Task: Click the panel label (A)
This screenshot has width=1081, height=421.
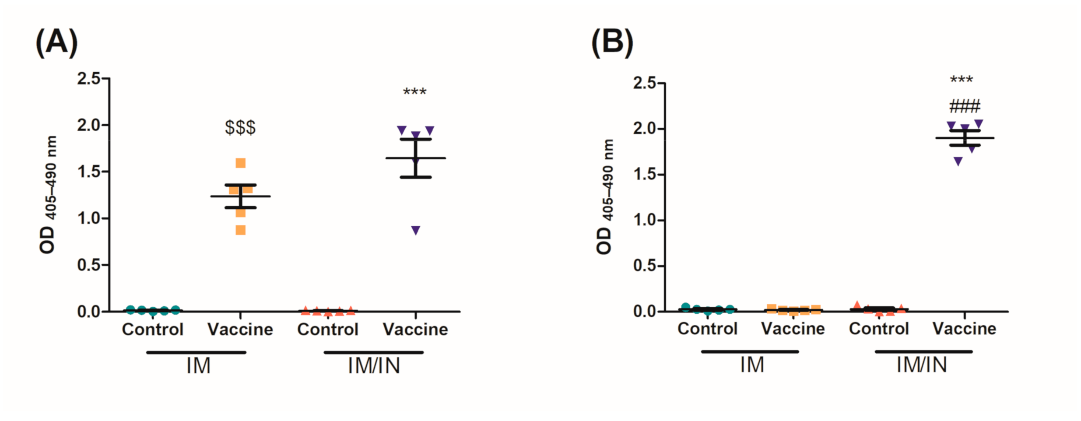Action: click(x=56, y=42)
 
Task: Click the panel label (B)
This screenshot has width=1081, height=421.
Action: click(x=612, y=42)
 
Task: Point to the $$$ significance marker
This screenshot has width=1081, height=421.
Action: click(x=240, y=128)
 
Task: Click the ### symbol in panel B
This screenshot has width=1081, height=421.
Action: click(x=965, y=106)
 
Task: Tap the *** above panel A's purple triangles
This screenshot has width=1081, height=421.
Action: click(x=414, y=92)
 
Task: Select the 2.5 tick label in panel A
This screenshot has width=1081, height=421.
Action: click(x=88, y=79)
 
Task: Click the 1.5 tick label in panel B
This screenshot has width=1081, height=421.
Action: click(x=644, y=175)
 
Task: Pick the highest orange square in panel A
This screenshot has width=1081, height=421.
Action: click(x=241, y=163)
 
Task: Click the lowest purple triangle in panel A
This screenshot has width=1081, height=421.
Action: click(x=416, y=230)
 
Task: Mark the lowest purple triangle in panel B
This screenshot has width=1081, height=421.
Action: click(x=958, y=162)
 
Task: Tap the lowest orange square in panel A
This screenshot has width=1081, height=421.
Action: click(x=241, y=230)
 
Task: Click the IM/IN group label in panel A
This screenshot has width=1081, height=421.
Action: click(x=374, y=366)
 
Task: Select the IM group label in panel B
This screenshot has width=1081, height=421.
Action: click(x=752, y=365)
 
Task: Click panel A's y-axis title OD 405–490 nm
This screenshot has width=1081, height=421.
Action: click(x=48, y=195)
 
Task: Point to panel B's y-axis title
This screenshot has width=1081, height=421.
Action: click(x=604, y=197)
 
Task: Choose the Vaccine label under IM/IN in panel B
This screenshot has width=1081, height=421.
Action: click(x=964, y=329)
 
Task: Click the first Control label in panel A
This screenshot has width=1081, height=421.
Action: click(x=152, y=330)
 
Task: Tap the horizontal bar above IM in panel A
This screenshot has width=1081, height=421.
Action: click(x=196, y=352)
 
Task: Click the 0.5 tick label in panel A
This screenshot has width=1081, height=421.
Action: click(x=88, y=265)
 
